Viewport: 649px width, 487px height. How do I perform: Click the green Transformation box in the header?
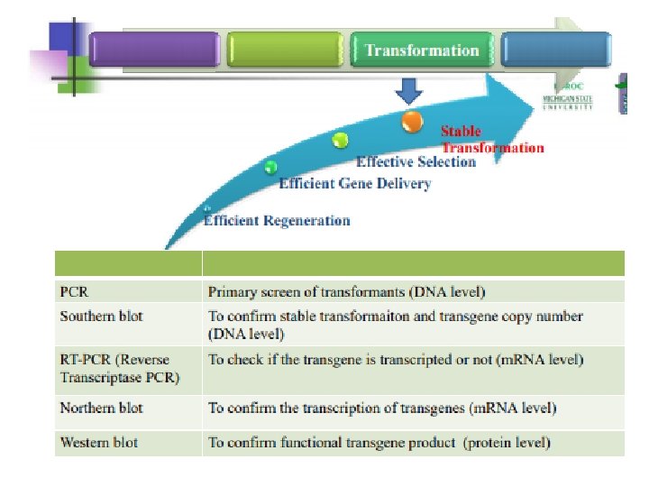coord(422,51)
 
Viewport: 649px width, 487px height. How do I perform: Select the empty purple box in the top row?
coord(154,51)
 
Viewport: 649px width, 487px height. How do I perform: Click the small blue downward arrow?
coord(409,91)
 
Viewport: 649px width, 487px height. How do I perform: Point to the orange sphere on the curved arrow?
coord(412,120)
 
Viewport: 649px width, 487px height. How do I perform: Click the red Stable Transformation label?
coord(491,140)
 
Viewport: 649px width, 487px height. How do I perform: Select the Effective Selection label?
coord(416,162)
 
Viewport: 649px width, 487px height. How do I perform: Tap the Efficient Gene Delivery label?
coord(354,184)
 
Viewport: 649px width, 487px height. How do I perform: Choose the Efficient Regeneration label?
coord(277,220)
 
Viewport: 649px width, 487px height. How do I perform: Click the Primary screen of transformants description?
coord(347,292)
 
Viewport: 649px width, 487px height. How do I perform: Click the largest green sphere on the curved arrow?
coord(340,140)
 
